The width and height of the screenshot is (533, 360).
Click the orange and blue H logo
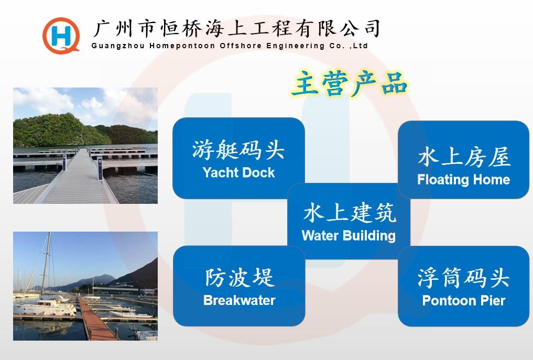[x=61, y=35]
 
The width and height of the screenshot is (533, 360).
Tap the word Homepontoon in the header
[x=182, y=46]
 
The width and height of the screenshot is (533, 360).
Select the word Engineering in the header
[x=296, y=46]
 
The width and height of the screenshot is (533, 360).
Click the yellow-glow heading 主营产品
[x=349, y=83]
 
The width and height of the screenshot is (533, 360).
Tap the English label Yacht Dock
[x=238, y=172]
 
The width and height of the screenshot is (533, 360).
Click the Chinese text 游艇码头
[x=238, y=149]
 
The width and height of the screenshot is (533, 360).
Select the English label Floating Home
[x=464, y=180]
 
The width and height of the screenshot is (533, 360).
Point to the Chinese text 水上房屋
[x=464, y=157]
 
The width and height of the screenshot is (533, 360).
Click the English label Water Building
[x=349, y=236]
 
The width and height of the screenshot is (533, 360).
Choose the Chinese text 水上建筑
[x=350, y=213]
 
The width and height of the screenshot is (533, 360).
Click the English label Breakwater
[x=240, y=300]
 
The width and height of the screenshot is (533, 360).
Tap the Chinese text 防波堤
[x=240, y=277]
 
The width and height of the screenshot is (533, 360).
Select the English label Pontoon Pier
[x=464, y=300]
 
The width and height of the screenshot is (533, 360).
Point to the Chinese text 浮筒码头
[x=464, y=278]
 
